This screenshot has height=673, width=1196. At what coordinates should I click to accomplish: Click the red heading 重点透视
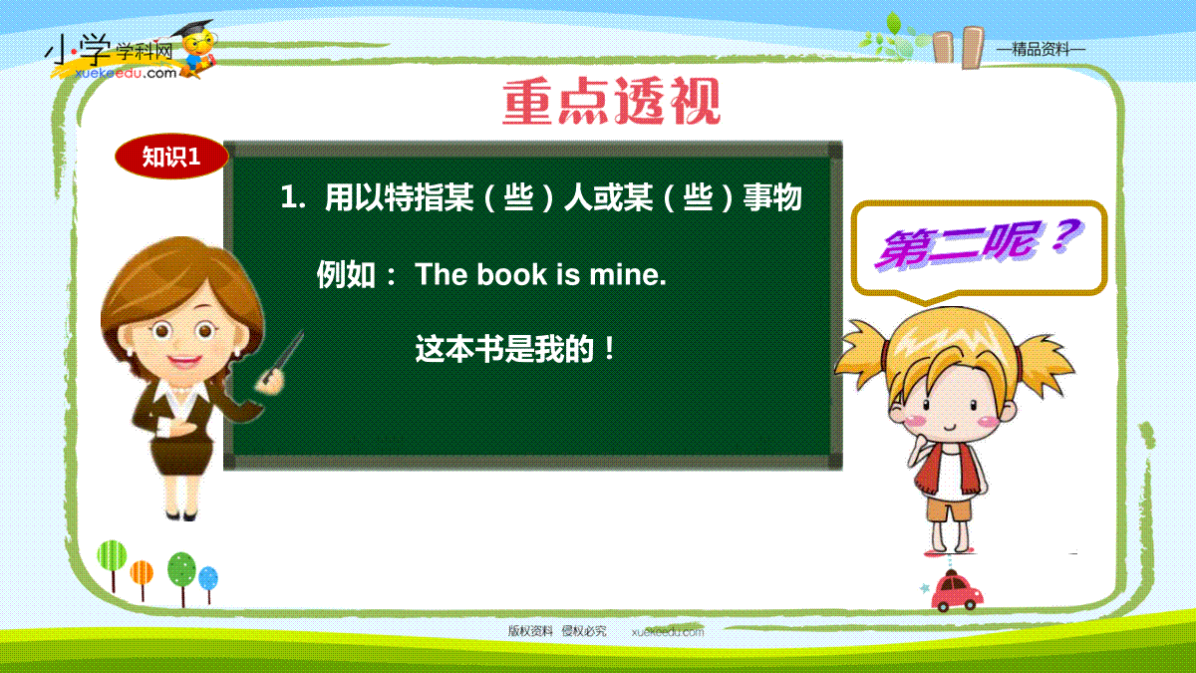coord(611,101)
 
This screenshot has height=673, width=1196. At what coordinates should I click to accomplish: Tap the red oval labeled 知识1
coord(171,157)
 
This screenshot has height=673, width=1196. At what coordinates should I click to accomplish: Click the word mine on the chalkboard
coord(628,274)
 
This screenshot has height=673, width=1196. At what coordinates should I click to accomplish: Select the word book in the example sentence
coord(512,274)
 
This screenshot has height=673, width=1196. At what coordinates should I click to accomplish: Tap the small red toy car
coord(957,591)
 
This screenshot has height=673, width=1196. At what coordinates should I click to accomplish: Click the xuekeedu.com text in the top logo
coord(126,73)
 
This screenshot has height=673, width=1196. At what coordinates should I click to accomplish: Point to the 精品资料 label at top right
coord(1042,50)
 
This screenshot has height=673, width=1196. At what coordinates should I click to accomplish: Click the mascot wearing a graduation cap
coord(197,49)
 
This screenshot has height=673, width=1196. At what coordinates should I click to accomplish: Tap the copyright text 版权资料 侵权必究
coord(557,631)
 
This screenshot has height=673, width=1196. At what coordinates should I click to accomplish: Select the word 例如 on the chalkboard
coord(346,275)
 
